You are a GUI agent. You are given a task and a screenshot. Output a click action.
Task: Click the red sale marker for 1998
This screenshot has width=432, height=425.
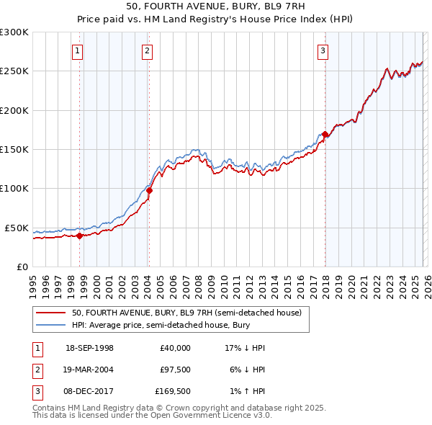pos(79,236)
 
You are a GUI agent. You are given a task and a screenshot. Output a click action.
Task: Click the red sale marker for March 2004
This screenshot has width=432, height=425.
pos(149,191)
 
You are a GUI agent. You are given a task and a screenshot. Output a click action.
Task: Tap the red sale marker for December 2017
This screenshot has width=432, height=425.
pos(325,134)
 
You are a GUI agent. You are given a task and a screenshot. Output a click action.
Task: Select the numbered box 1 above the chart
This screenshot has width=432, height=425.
pos(77,50)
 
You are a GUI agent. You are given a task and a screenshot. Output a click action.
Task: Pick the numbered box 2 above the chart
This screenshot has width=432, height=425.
pos(147,50)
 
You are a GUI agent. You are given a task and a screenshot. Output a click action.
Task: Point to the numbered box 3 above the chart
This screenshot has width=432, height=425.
pos(323,50)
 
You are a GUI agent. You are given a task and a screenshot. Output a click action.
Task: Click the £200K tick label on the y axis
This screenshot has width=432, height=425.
pos(14,111)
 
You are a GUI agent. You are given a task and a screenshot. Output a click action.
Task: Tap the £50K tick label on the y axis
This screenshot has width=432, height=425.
pos(17,228)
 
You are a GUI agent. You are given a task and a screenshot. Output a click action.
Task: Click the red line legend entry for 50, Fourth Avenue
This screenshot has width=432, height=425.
pos(190,313)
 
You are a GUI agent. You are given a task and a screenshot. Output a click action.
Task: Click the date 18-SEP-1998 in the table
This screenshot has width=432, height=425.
pos(89,348)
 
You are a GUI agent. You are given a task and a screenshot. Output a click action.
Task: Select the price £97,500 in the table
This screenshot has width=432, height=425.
pos(175,370)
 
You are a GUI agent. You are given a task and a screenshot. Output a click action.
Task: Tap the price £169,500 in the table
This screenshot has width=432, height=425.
pos(173,393)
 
